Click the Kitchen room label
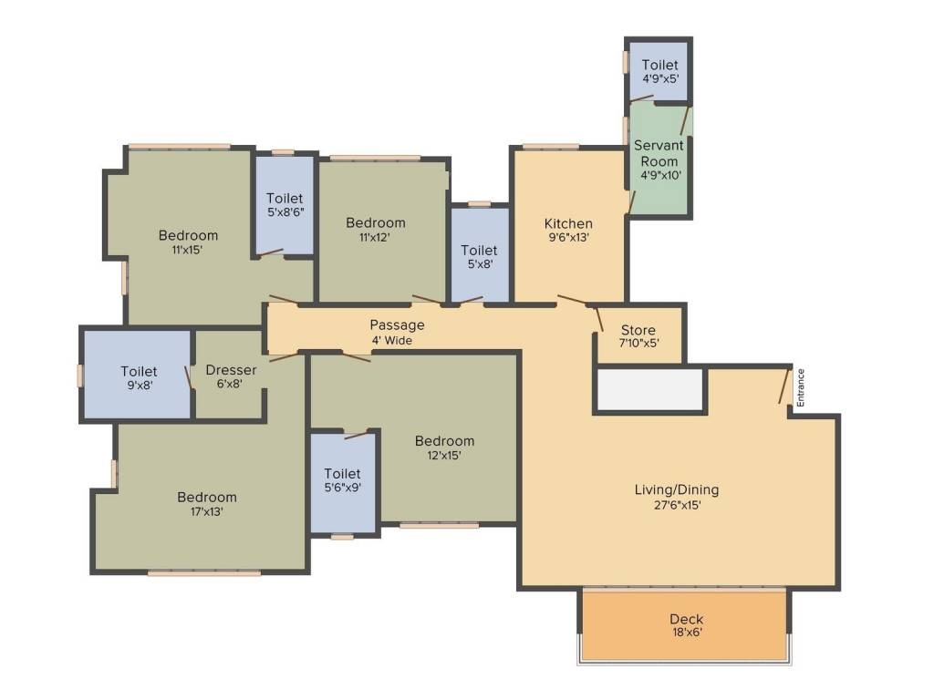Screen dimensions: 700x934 pyautogui.click(x=568, y=223)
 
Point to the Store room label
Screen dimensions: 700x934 pyautogui.click(x=638, y=330)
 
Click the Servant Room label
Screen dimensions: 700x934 pyautogui.click(x=659, y=153)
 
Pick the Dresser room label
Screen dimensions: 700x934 pyautogui.click(x=231, y=370)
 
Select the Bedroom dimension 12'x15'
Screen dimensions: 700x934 pyautogui.click(x=444, y=456)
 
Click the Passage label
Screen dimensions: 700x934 pyautogui.click(x=397, y=324)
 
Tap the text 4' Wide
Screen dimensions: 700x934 pyautogui.click(x=392, y=340)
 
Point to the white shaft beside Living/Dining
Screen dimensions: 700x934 pyautogui.click(x=649, y=389)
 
